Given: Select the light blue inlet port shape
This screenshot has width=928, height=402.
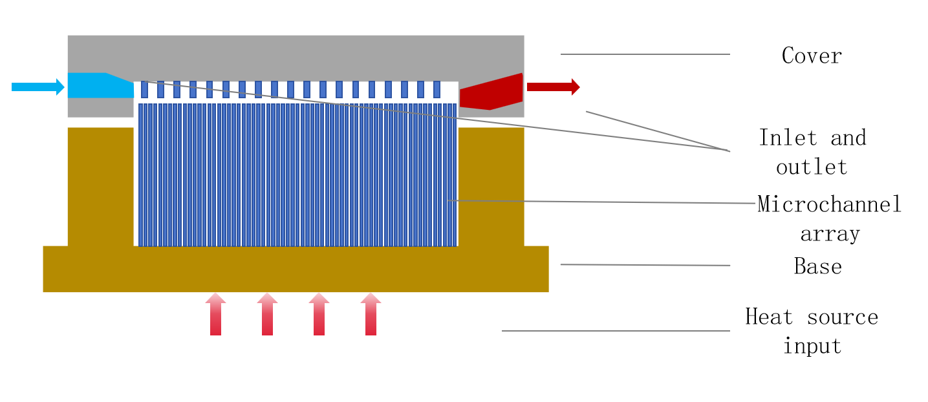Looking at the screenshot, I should point(97,85).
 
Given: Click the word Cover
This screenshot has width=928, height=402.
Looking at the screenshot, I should point(812,56).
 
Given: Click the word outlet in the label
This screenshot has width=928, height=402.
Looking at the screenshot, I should point(812,167).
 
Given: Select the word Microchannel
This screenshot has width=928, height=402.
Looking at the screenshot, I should point(829,204).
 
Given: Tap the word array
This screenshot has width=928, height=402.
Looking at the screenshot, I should point(830,233).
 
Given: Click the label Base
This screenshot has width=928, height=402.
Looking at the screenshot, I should point(817,266).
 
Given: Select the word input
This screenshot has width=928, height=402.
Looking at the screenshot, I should point(812,346).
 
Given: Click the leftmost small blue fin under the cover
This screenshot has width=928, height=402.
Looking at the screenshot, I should point(144,89).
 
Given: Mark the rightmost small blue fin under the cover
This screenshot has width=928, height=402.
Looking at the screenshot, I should point(437,89).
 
